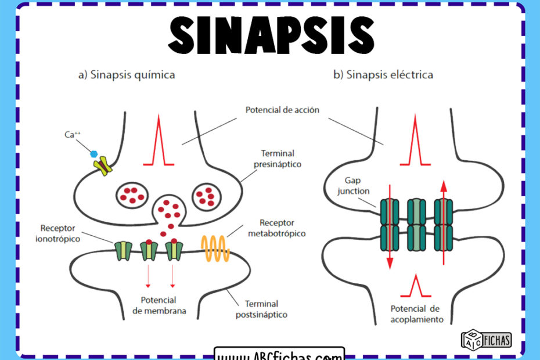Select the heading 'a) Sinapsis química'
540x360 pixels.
point(127,75)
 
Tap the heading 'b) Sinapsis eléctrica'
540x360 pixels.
point(383,75)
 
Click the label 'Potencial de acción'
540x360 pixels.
point(282,110)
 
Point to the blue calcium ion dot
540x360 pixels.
point(93,154)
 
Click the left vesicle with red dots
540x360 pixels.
point(133,195)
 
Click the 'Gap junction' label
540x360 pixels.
point(352,186)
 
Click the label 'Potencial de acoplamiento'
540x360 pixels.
point(417,314)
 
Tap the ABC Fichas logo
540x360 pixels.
point(486,339)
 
